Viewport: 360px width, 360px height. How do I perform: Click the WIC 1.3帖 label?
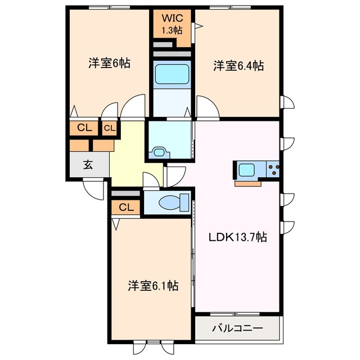tap(172, 23)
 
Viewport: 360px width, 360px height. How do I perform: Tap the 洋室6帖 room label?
tap(109, 63)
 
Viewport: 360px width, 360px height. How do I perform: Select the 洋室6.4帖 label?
tap(238, 66)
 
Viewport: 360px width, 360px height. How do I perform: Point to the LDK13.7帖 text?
tap(238, 237)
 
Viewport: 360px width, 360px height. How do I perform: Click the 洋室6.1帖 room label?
tap(152, 286)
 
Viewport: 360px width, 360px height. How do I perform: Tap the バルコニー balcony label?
tap(236, 328)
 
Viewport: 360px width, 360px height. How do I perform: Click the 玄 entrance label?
tap(88, 165)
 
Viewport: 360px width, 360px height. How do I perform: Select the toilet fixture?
tap(169, 202)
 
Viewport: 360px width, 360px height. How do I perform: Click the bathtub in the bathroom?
tap(172, 74)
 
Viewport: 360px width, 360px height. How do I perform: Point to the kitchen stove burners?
tap(273, 169)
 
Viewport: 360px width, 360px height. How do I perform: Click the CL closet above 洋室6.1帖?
tap(127, 207)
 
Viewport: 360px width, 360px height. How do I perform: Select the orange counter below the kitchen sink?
tap(247, 182)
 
